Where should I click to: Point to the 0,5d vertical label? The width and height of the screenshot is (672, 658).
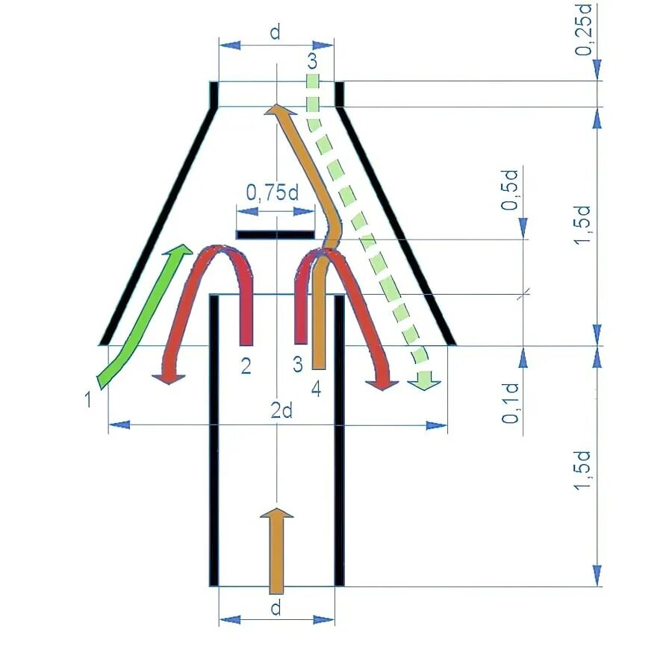point(511,192)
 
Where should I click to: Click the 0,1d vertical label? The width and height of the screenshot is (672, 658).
point(511,404)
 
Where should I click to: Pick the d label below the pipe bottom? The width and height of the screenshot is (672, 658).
point(276,608)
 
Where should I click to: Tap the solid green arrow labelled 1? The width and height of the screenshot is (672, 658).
point(142,313)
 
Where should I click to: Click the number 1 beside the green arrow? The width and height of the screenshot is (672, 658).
point(88,399)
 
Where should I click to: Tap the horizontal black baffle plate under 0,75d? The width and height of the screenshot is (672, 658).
point(276,235)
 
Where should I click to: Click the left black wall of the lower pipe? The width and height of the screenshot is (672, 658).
point(214,440)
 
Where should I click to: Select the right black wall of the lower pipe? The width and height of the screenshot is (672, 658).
point(340,440)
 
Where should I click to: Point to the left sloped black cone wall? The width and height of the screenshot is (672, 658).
point(158,224)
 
